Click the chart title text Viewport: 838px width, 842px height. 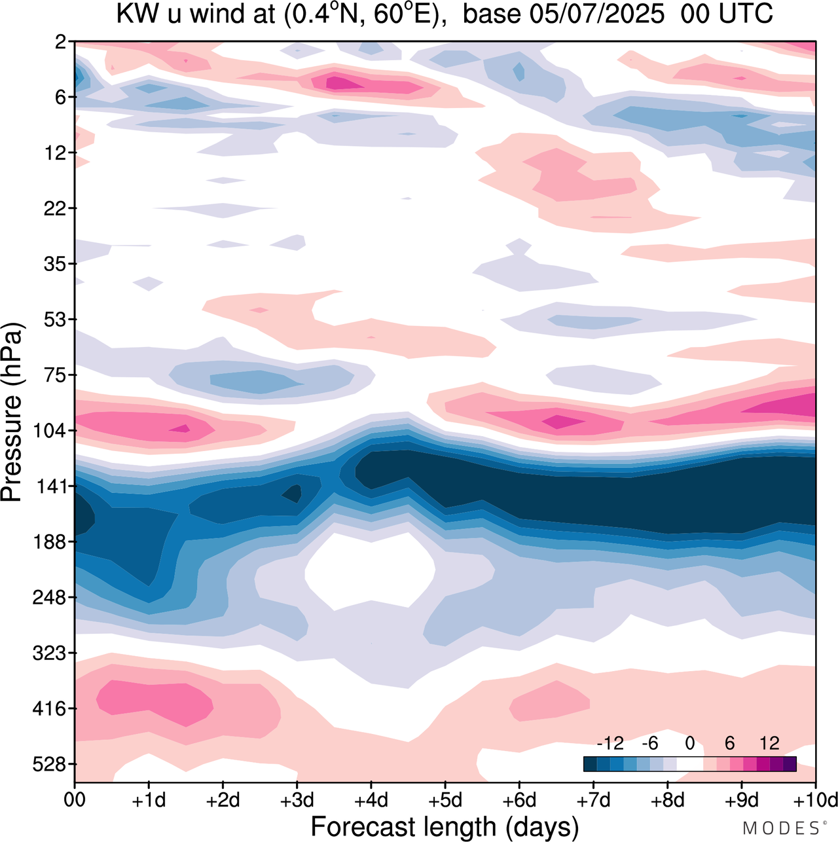(445, 14)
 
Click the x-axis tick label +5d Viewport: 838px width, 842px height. (445, 800)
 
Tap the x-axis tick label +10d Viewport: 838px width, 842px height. (815, 800)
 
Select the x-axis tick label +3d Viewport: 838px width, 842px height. (297, 800)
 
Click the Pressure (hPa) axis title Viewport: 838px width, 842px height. (13, 412)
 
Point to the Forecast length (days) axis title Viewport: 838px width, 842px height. (445, 827)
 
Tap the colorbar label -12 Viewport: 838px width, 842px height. (610, 743)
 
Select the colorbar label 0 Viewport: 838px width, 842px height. (689, 743)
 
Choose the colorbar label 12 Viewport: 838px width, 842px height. (769, 743)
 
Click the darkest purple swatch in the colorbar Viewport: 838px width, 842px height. (790, 763)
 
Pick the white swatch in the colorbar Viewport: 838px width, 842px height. (689, 763)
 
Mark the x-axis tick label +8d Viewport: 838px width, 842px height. (667, 800)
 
